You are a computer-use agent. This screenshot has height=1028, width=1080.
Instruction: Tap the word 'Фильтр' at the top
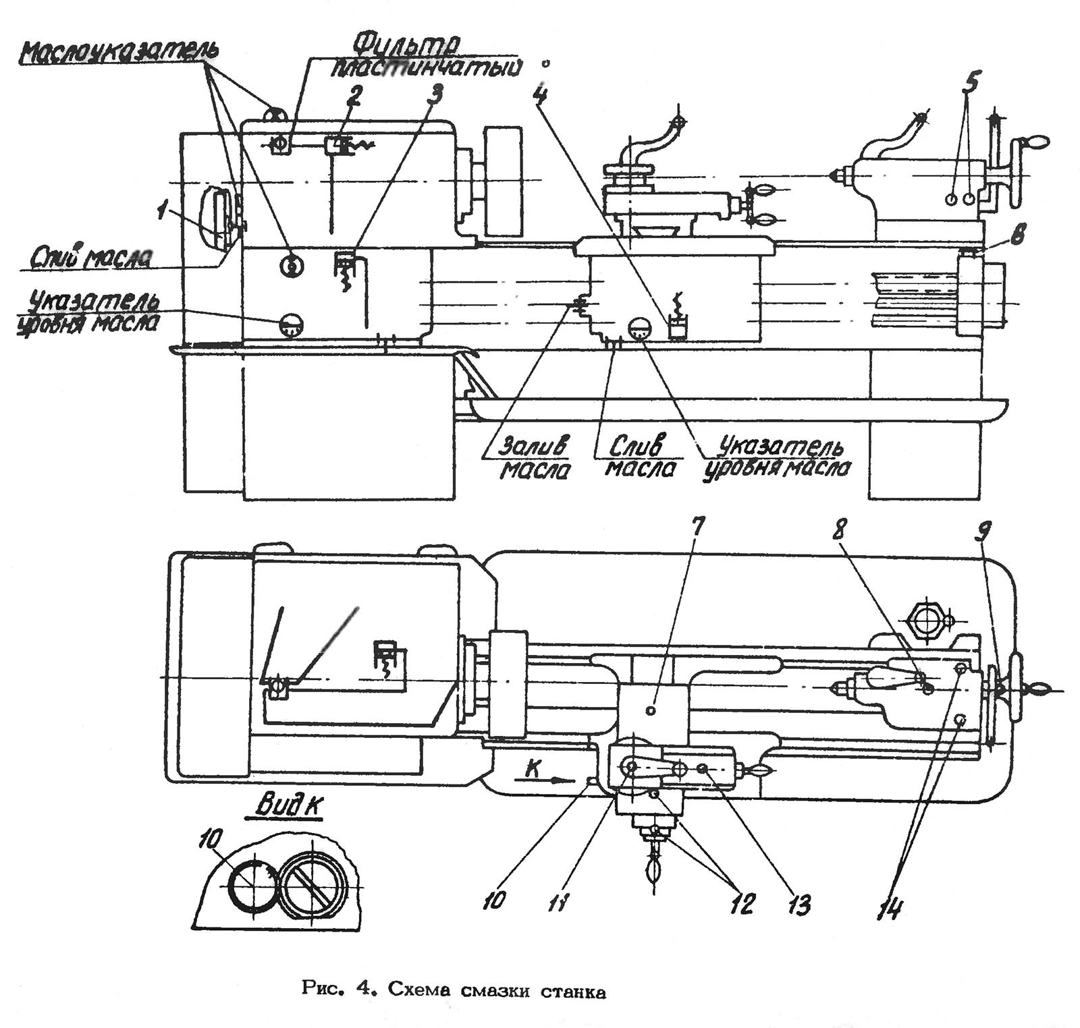click(x=406, y=45)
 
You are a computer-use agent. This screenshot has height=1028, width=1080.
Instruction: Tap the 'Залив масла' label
click(x=534, y=457)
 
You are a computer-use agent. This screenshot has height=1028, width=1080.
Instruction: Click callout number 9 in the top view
click(x=984, y=534)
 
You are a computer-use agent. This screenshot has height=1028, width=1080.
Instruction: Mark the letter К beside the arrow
click(x=533, y=769)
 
